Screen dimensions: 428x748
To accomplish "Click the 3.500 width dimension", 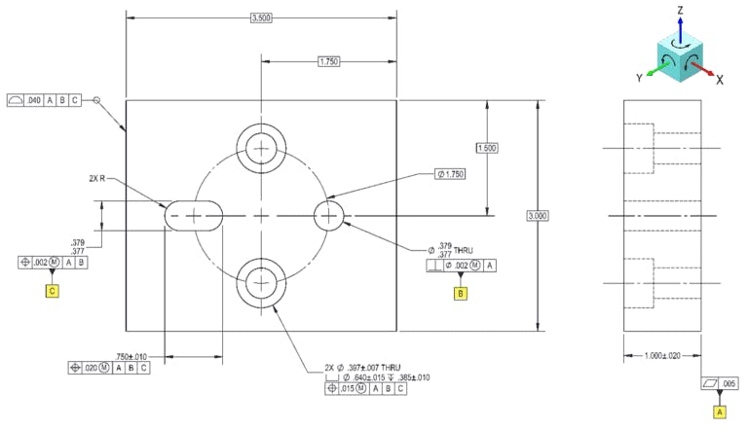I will [261, 18].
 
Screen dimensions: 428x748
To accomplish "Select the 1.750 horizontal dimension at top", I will [329, 62].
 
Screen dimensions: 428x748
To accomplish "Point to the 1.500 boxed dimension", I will [487, 148].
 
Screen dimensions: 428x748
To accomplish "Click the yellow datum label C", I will [52, 290].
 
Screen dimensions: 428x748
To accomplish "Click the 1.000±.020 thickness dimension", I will [662, 355].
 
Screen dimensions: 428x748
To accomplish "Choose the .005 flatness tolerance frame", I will [720, 384].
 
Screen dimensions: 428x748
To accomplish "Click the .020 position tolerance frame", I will [110, 368].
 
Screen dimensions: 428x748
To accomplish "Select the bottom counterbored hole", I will [261, 282].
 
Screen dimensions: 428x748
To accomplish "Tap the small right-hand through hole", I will [328, 214].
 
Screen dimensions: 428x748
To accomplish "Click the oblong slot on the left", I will [195, 215].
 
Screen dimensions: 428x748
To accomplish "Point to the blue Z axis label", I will [681, 9].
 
